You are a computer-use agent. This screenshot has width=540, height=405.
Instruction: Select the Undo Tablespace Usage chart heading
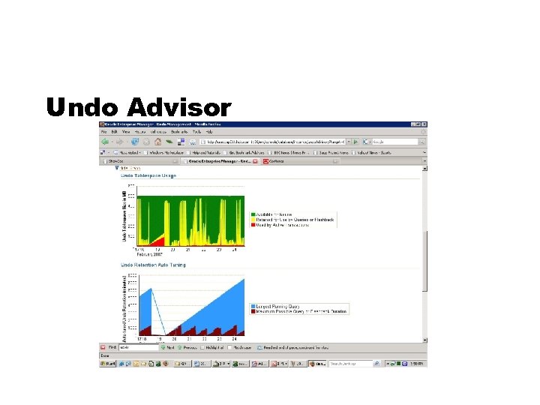[x=148, y=176]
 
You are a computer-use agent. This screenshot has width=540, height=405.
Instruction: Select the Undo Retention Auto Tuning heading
[x=153, y=265]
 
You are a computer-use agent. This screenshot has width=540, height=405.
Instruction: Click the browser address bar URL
[x=270, y=141]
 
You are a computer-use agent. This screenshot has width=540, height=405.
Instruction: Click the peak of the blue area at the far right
[x=244, y=279]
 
